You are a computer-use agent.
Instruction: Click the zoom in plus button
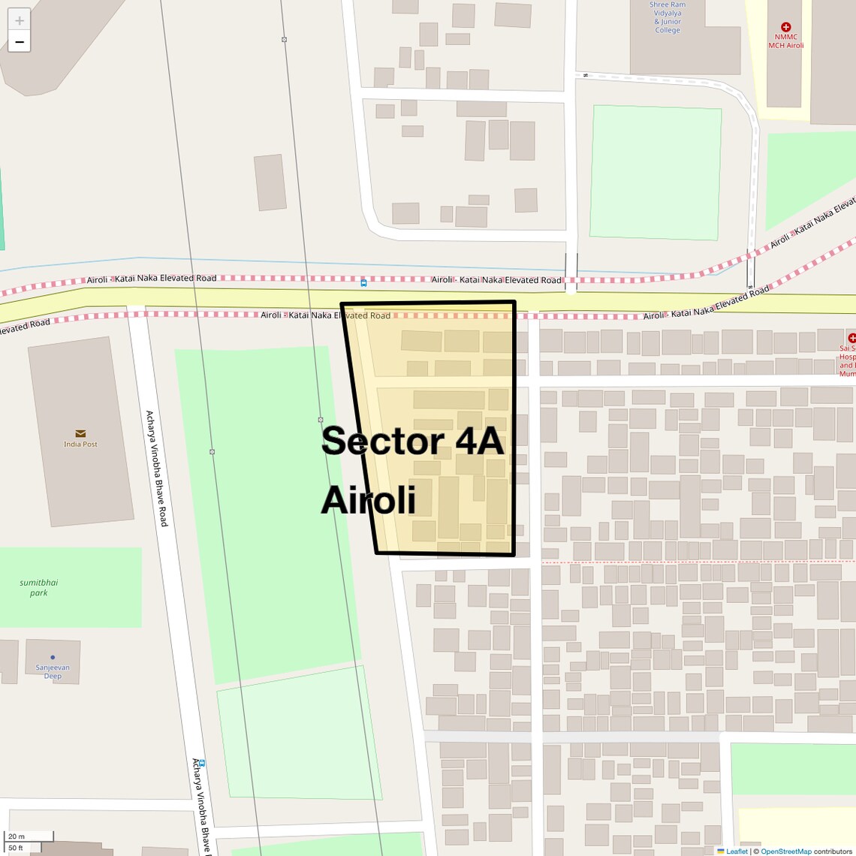[x=20, y=20]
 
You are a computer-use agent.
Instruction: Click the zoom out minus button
[x=20, y=42]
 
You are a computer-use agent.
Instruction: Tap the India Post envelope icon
[x=80, y=433]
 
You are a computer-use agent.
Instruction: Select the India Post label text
[x=80, y=445]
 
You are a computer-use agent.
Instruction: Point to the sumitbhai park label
[x=39, y=587]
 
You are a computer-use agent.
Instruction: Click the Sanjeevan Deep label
[x=53, y=671]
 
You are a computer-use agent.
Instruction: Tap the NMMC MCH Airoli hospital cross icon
[x=785, y=27]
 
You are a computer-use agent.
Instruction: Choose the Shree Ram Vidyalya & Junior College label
[x=667, y=17]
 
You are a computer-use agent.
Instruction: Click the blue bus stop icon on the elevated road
[x=363, y=283]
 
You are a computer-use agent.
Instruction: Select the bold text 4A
[x=478, y=441]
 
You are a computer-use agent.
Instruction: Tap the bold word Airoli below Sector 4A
[x=368, y=499]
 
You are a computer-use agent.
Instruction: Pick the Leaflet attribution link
[x=737, y=851]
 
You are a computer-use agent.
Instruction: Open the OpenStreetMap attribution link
[x=785, y=851]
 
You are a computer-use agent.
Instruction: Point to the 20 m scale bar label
[x=17, y=836]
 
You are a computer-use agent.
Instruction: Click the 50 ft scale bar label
[x=17, y=848]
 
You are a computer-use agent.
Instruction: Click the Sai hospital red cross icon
[x=851, y=338]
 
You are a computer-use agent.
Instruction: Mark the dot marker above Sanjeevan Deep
[x=53, y=657]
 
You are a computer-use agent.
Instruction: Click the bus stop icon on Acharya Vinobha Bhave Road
[x=202, y=764]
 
